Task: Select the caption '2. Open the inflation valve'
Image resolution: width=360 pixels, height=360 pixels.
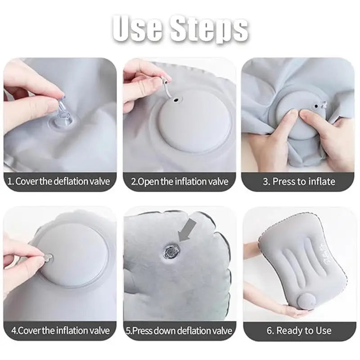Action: [x=180, y=182]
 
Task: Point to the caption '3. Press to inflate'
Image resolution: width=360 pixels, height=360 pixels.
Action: [x=299, y=182]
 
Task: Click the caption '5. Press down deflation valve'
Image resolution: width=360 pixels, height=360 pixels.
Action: [x=180, y=331]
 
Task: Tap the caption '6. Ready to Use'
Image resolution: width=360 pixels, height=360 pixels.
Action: [x=299, y=331]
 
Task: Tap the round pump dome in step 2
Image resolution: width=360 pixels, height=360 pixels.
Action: [x=194, y=121]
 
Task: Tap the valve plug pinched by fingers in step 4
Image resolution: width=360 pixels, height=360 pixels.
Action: [x=47, y=258]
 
